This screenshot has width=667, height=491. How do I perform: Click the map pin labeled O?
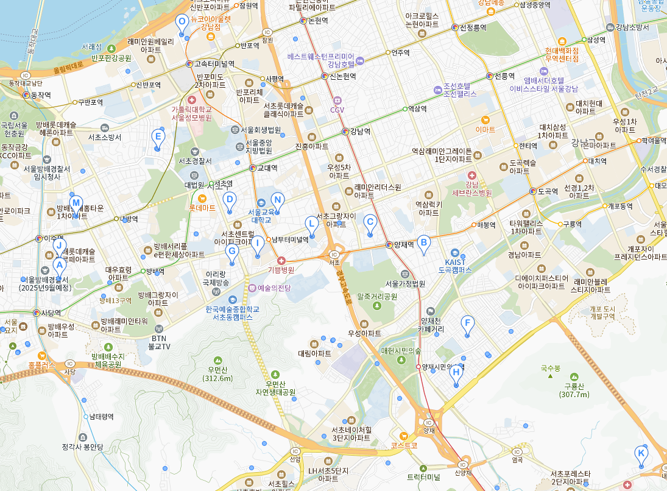pyautogui.click(x=182, y=23)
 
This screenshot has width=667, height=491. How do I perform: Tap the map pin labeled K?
pyautogui.click(x=641, y=453)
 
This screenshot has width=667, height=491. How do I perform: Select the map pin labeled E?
pyautogui.click(x=158, y=137)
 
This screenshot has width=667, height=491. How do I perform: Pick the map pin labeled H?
pyautogui.click(x=456, y=373)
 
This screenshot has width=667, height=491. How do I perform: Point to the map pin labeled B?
pyautogui.click(x=423, y=242)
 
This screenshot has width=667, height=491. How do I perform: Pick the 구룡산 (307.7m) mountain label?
pyautogui.click(x=574, y=390)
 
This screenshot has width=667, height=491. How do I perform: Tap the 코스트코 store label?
pyautogui.click(x=404, y=445)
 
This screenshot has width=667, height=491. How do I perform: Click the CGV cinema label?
pyautogui.click(x=337, y=110)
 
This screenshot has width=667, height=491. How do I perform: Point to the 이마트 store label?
pyautogui.click(x=485, y=129)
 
